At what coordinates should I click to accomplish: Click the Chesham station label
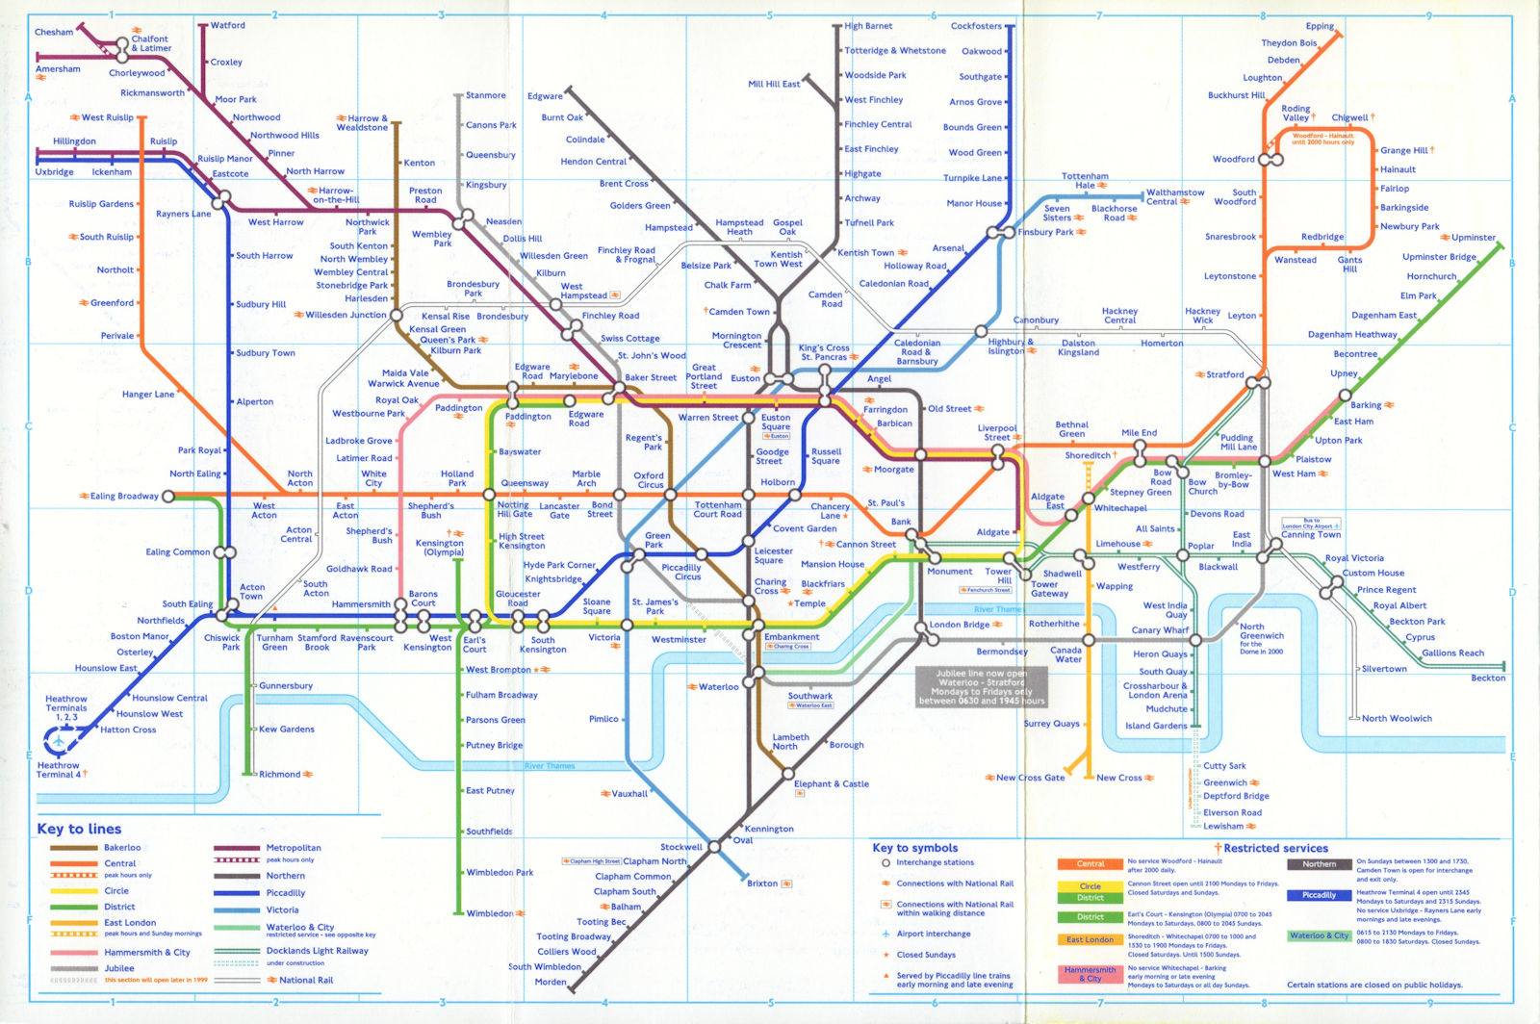(54, 32)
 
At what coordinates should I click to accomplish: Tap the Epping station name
(1320, 26)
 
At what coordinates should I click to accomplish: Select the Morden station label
(551, 982)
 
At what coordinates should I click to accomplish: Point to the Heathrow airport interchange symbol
(60, 742)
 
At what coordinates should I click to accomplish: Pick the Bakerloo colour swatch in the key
(74, 848)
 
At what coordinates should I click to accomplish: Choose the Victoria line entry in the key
(282, 909)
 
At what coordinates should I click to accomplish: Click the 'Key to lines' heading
(79, 829)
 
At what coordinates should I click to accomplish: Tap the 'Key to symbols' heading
(914, 848)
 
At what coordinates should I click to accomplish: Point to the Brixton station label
(762, 883)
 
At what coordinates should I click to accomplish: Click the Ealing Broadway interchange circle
(168, 497)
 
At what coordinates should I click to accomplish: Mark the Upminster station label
(1474, 237)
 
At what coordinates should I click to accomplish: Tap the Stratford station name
(1225, 374)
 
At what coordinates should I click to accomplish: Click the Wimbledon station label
(490, 913)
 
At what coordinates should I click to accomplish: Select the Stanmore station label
(485, 95)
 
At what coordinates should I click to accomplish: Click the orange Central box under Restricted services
(1090, 864)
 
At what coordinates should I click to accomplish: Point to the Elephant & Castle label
(832, 783)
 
